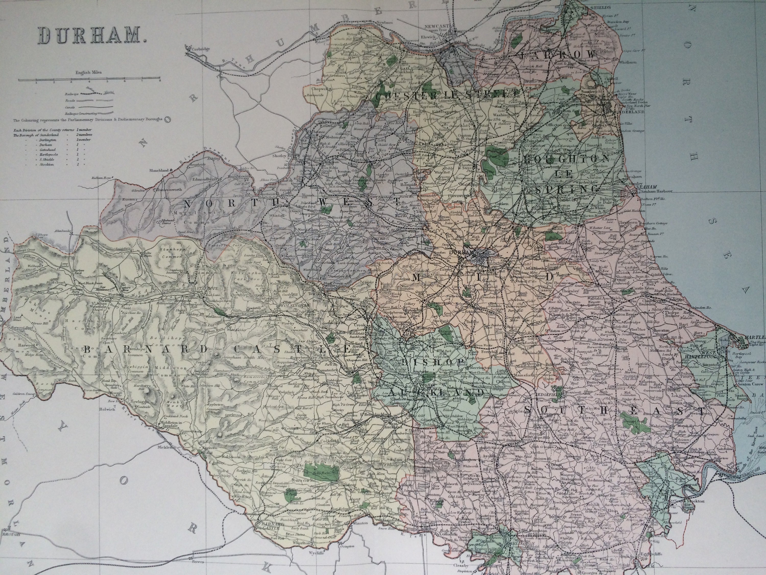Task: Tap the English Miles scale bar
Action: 89,80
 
